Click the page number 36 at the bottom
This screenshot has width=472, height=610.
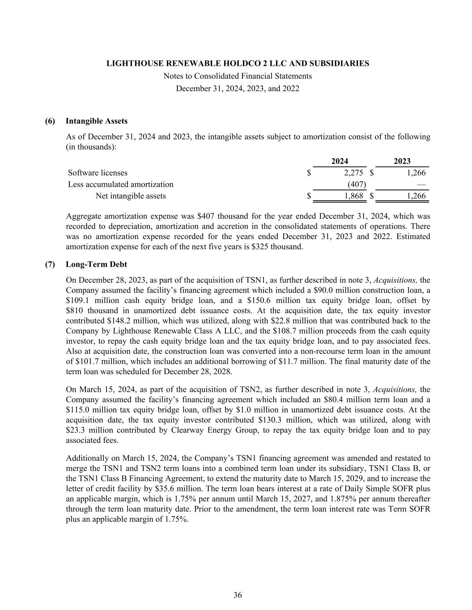[x=238, y=595]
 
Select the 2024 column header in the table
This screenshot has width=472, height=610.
[x=340, y=161]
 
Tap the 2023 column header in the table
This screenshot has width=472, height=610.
[x=402, y=161]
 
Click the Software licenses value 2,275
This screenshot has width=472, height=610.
[x=353, y=173]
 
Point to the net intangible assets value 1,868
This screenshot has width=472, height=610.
[x=353, y=196]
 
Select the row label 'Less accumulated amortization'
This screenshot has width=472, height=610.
[x=120, y=184]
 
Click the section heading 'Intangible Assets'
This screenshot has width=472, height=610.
[x=96, y=121]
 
